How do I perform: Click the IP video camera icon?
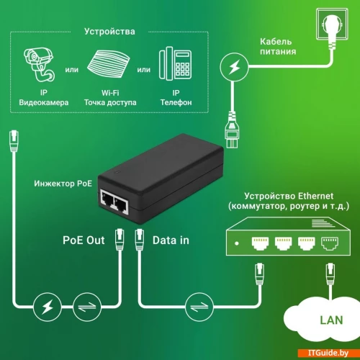point(39,65)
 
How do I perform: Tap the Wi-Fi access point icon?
point(109,64)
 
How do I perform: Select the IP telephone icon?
point(176,63)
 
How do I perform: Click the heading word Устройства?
point(109,32)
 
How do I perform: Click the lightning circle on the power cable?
point(234,67)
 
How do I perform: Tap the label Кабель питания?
point(278,47)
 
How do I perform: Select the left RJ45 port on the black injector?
point(107,199)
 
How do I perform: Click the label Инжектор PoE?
point(63,184)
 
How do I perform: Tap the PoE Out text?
point(84,240)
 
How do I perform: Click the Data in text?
point(171,240)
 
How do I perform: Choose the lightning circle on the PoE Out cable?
point(48,307)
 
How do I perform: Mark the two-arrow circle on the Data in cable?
point(199,307)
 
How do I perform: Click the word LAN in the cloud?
point(331,320)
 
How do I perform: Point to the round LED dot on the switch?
point(237,243)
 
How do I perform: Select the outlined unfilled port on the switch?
point(330,243)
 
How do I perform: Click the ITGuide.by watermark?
point(328,353)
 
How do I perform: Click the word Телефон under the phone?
point(176,102)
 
